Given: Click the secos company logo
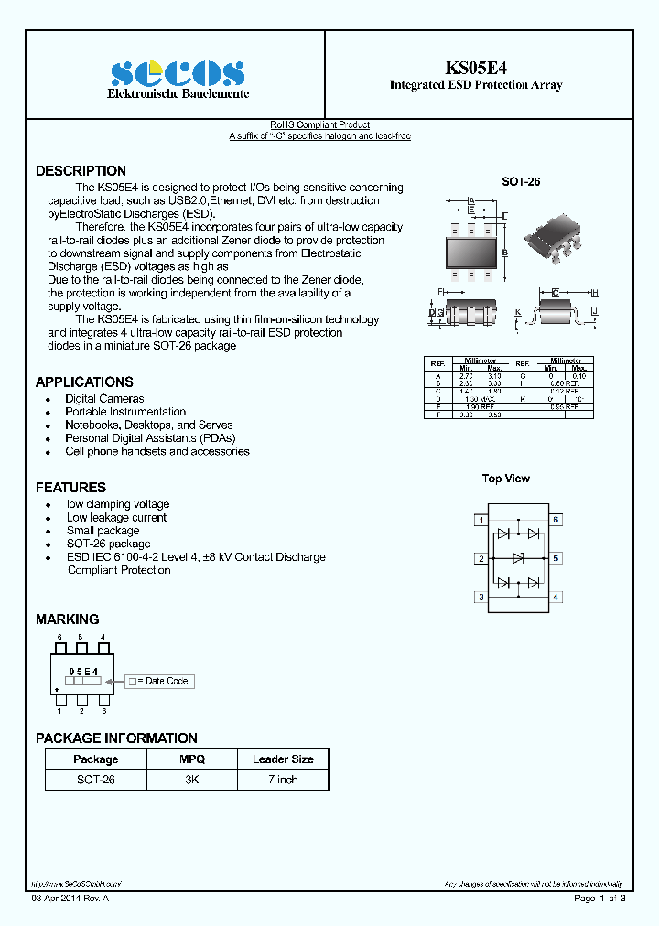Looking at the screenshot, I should point(178,74).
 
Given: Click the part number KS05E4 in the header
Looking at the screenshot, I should point(475,68).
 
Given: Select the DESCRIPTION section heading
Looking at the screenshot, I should point(81,171).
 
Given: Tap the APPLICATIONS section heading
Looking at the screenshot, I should point(84,382).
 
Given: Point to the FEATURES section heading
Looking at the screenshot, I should point(70,487).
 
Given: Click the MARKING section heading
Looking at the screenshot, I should point(67,619).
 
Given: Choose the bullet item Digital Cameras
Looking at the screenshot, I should point(104,399).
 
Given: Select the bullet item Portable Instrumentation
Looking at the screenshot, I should point(125,412).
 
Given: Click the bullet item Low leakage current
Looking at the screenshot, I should point(116,517).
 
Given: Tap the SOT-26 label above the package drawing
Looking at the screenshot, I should point(521,182).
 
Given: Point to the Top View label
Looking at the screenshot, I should point(506,479).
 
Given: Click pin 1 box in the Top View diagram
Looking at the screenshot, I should point(481,520).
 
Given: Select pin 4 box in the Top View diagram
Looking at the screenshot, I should point(556,597).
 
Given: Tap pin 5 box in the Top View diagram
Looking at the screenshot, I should point(556,557).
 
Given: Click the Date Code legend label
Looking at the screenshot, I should point(165,681).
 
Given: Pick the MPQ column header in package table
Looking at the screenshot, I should point(192,759).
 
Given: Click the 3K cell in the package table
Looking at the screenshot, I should point(192,780).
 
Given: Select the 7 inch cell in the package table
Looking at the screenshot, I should point(282,780).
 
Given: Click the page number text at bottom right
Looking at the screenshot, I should point(600,899).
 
